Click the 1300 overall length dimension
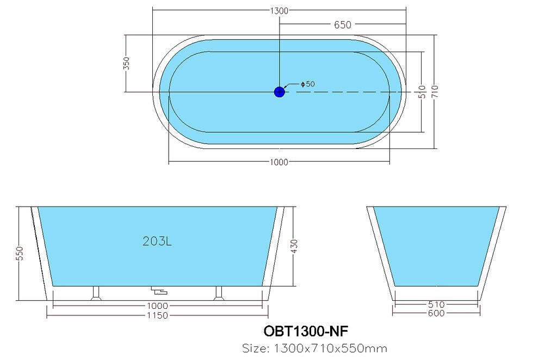coord(279,10)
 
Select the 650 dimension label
coord(342,24)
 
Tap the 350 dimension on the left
coord(127,64)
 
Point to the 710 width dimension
coord(436,91)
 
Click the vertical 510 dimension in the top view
coord(421,91)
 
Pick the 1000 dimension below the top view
coord(279,162)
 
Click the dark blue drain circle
coord(279,92)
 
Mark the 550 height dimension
coord(20,253)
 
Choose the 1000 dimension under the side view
coord(158,306)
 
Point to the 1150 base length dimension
coord(158,315)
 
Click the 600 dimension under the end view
coord(436,313)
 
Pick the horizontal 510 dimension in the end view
coord(436,305)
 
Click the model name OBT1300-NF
coord(306,331)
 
